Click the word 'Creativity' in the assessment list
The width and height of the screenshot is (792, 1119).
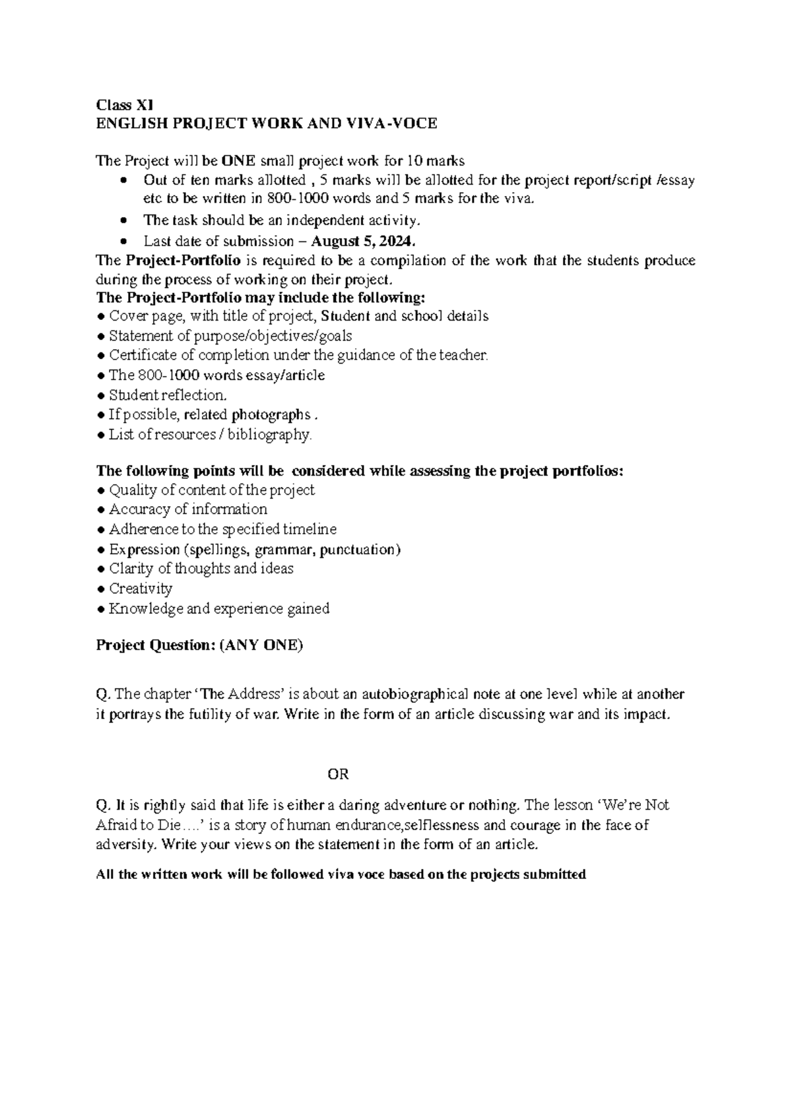click(141, 589)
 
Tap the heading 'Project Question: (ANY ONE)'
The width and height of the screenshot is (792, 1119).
click(199, 645)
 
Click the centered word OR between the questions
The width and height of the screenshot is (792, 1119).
click(338, 774)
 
